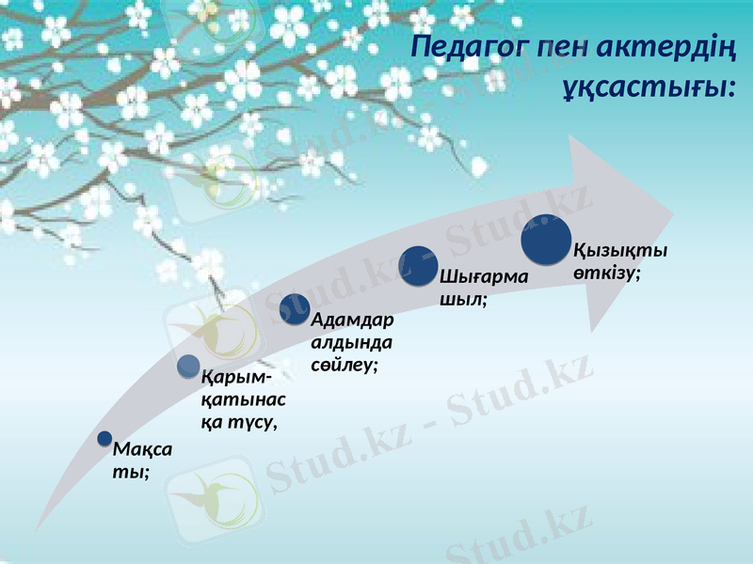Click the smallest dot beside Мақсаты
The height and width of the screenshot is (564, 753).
tap(105, 439)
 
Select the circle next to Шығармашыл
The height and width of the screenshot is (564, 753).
tap(419, 266)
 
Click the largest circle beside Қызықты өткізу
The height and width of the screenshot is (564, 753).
tap(546, 240)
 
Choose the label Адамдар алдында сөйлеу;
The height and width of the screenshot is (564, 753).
tap(352, 340)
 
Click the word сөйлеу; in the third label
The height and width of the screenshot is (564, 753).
tap(344, 362)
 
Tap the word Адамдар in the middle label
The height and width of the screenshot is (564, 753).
tap(352, 320)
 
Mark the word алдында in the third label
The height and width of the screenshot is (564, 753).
tap(352, 341)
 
